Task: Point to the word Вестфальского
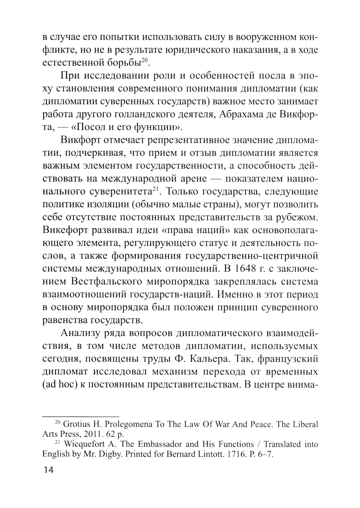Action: [x=112, y=282]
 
